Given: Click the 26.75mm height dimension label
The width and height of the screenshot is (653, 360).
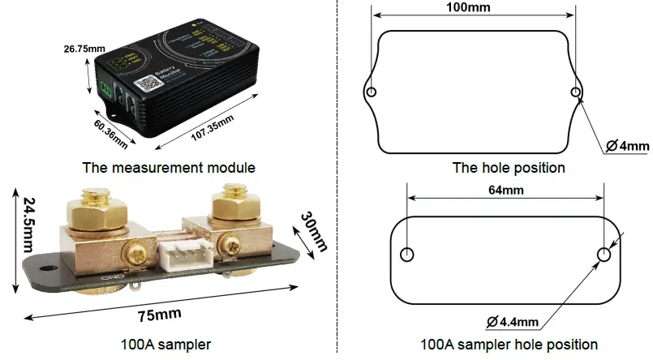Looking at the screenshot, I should tap(84, 49).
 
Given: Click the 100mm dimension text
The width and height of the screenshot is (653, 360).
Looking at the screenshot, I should tap(473, 8).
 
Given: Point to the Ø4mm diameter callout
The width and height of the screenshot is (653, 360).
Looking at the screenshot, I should tap(627, 146).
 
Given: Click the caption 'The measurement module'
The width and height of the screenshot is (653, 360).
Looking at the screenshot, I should tap(169, 168).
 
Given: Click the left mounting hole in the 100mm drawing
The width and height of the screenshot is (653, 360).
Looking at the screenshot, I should tap(372, 92).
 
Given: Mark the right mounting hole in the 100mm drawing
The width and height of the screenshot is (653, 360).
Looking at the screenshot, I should tap(575, 92).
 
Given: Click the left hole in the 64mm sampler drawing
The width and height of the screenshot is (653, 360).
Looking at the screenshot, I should tap(408, 255).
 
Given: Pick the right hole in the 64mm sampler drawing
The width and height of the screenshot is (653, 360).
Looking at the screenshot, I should tap(604, 255).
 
